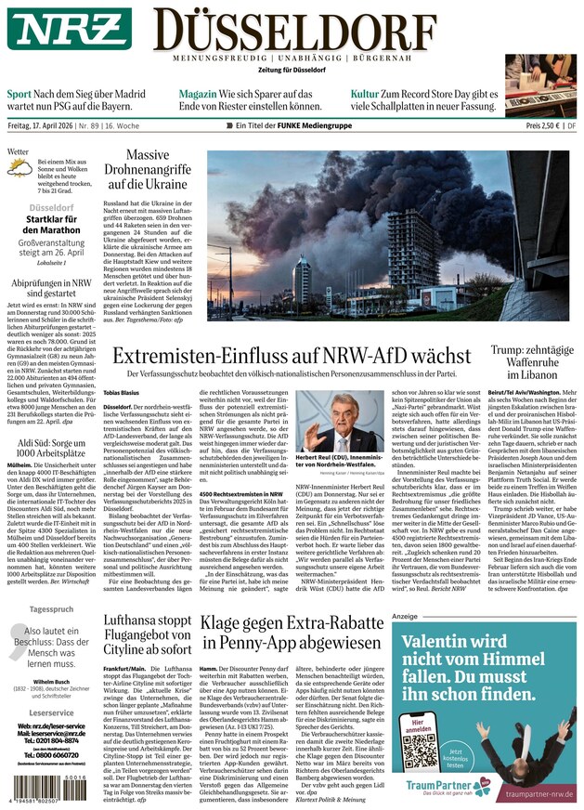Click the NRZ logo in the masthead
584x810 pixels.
coord(70,29)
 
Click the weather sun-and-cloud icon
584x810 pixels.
coord(19,169)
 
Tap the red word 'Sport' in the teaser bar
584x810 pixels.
coord(19,94)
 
